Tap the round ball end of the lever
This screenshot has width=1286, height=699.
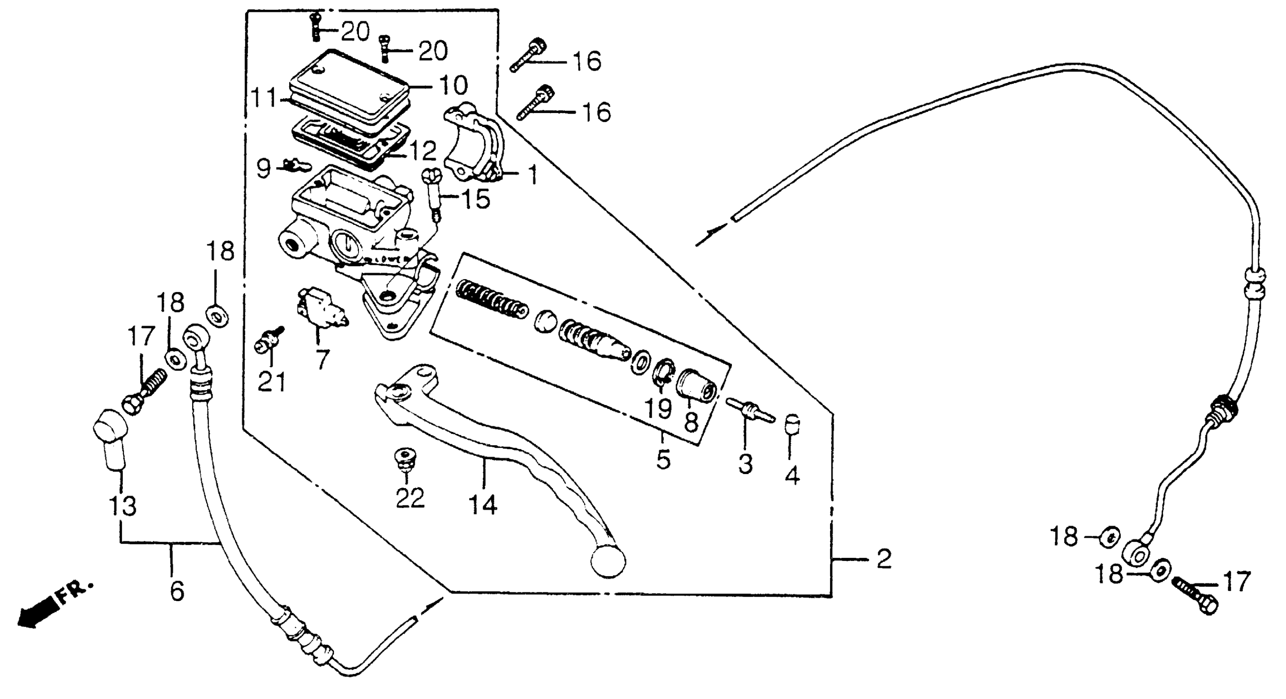click(x=607, y=560)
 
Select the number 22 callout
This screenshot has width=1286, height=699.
click(x=410, y=497)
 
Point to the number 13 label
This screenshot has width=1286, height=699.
click(x=123, y=506)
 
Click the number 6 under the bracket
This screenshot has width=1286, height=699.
click(x=177, y=591)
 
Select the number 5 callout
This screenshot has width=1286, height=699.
click(x=663, y=459)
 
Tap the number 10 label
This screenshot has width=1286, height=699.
click(x=453, y=86)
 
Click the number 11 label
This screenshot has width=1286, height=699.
click(x=264, y=97)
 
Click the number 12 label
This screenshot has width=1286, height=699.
click(x=422, y=150)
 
